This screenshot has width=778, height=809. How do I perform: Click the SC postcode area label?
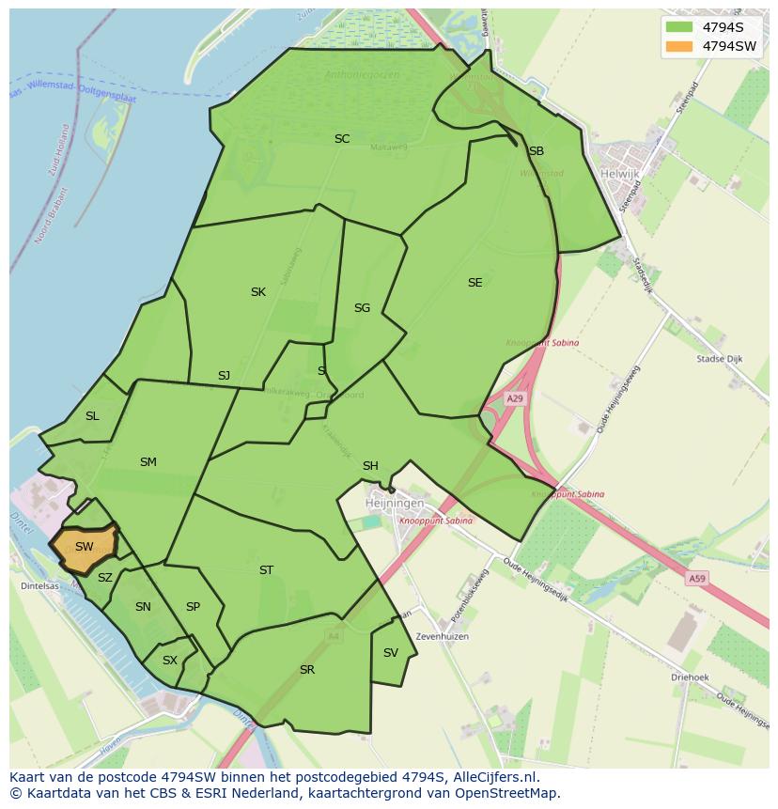(x=342, y=139)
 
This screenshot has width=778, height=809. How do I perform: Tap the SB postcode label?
(x=536, y=151)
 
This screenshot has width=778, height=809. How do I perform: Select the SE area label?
(x=475, y=283)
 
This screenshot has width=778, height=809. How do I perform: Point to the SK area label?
(x=257, y=292)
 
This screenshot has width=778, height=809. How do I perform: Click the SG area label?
(x=362, y=308)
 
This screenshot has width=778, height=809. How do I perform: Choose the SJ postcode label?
(x=224, y=376)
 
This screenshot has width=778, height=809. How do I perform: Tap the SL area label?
(x=92, y=416)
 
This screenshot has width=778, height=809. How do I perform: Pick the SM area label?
(x=148, y=462)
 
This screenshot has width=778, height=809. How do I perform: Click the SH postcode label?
(x=370, y=466)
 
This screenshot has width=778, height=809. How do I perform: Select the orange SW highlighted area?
(x=84, y=547)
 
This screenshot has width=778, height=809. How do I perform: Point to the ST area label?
(x=266, y=570)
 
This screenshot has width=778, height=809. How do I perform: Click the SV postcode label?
(x=391, y=653)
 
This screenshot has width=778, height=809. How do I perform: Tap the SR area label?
(x=306, y=670)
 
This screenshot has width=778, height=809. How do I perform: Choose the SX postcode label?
(x=169, y=661)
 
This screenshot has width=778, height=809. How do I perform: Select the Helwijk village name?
(x=620, y=174)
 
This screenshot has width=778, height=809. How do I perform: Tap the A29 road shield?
(x=515, y=399)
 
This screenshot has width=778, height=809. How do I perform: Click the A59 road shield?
(x=696, y=579)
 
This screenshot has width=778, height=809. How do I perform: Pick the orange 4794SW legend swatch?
(x=677, y=46)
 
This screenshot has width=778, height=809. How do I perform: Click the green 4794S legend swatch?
(x=677, y=26)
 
